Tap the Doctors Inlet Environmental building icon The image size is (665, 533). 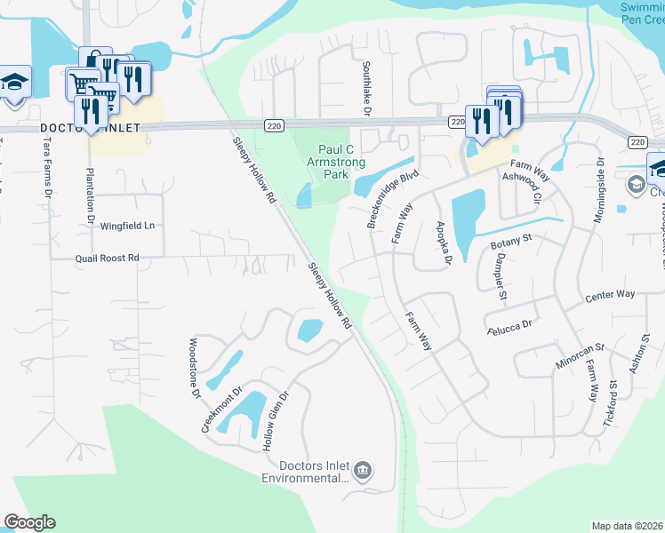[363, 469]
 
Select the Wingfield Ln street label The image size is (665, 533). [127, 226]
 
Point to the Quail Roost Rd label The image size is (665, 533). [108, 258]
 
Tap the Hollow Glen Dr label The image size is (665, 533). [276, 421]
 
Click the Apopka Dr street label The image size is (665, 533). [442, 243]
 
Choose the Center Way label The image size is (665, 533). [609, 294]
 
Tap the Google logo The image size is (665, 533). [29, 521]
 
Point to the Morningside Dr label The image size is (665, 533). [600, 191]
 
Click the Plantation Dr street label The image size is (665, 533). [90, 194]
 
